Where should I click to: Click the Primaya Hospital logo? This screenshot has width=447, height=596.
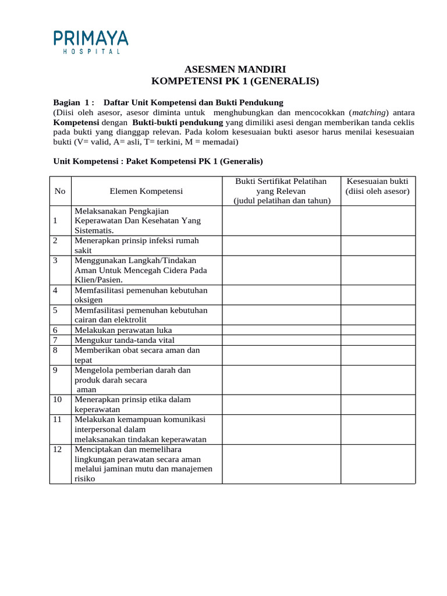pos(91,42)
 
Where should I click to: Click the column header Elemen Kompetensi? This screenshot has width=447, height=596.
pos(146,191)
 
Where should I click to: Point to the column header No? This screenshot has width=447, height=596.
pos(60,191)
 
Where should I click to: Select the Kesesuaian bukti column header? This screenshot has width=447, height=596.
pos(377,186)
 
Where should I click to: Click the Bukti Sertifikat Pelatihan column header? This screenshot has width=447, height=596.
pos(282,191)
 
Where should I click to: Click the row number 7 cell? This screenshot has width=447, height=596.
pos(60,340)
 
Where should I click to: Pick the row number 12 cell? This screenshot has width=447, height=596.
pos(60,464)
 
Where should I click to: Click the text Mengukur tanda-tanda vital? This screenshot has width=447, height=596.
pos(124,340)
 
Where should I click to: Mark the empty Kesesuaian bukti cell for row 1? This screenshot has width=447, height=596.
pos(378,221)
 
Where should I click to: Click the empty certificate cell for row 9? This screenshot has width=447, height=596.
pos(282,379)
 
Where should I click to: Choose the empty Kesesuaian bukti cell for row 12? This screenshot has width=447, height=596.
pos(378,464)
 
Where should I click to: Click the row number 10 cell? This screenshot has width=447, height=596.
pos(60,404)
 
